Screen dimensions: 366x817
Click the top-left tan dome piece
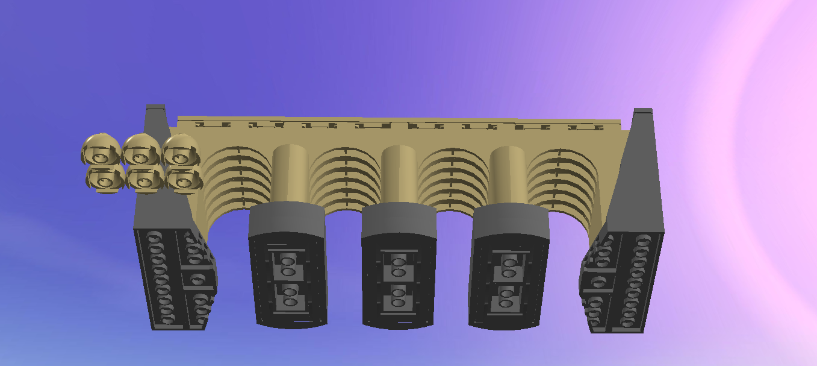(x=101, y=150)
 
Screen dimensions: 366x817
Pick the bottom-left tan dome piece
(x=105, y=180)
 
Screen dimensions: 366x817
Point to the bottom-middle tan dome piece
(x=145, y=179)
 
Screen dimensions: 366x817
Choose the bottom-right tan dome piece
(x=183, y=179)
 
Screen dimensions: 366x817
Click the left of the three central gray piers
(x=288, y=265)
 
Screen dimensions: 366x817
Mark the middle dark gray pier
(x=398, y=265)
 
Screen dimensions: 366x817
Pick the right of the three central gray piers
(x=509, y=265)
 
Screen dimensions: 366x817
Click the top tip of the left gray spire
(x=155, y=107)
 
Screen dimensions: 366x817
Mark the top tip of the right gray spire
(x=643, y=110)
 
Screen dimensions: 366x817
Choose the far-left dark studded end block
(x=172, y=277)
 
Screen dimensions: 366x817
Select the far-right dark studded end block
(x=623, y=280)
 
